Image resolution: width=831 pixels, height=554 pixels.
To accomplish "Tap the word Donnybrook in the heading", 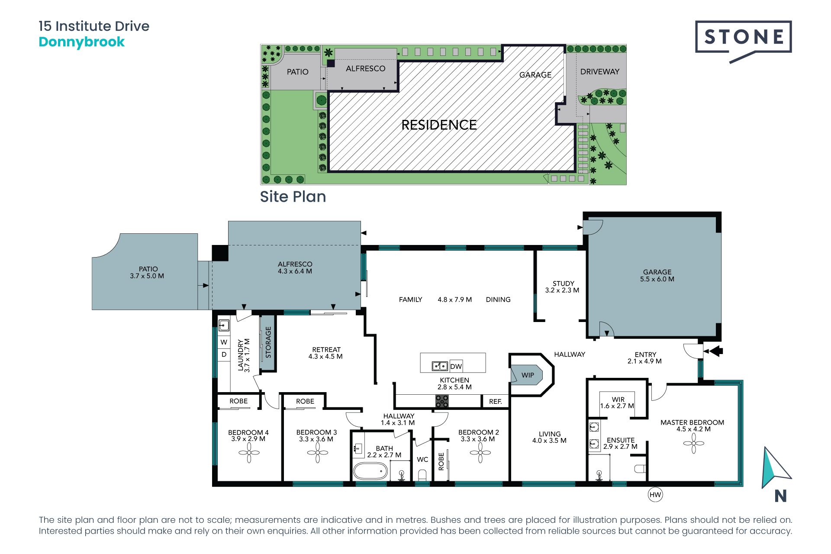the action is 82,42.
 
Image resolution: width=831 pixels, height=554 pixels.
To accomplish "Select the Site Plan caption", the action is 293,197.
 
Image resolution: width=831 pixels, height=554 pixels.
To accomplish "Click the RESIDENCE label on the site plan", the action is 439,125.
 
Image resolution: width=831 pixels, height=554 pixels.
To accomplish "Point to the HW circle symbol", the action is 655,495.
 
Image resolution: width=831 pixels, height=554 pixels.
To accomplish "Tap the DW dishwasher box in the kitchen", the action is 456,366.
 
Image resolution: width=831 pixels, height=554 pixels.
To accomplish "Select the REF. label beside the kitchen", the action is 496,402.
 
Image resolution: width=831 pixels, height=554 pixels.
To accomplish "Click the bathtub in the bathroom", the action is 370,471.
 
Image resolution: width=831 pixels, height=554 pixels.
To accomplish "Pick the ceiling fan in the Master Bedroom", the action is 694,443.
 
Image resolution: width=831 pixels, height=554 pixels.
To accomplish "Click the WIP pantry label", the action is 528,375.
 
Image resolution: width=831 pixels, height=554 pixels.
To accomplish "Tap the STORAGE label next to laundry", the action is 268,342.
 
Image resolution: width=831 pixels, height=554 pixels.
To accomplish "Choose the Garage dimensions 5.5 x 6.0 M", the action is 657,279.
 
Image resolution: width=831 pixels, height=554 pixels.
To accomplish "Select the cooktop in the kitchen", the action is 442,401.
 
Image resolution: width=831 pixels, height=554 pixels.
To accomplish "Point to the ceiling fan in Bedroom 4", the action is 249,453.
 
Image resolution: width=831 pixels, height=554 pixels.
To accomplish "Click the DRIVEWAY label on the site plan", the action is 600,72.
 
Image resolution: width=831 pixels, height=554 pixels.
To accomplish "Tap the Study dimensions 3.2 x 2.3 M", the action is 562,290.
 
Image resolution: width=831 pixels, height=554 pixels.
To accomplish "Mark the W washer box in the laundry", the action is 224,342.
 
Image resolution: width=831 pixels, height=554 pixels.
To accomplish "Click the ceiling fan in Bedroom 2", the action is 480,453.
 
